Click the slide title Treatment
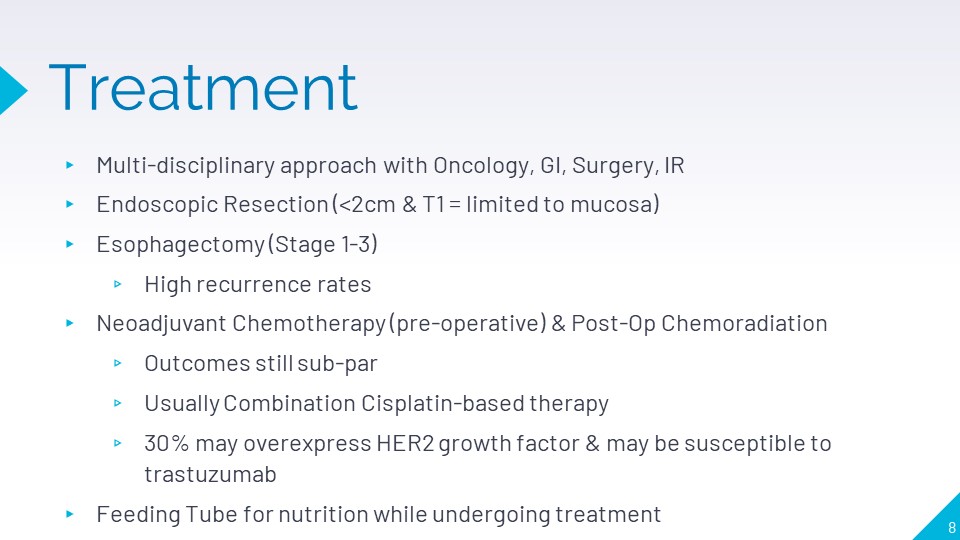(203, 88)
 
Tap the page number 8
(951, 528)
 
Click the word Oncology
(483, 166)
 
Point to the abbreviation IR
(674, 165)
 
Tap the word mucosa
(612, 204)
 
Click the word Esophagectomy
(181, 245)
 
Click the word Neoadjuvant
(162, 324)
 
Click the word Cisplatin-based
(443, 403)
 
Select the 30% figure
(167, 443)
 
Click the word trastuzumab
(210, 474)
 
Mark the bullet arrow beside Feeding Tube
(70, 514)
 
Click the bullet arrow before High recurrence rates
(118, 284)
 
